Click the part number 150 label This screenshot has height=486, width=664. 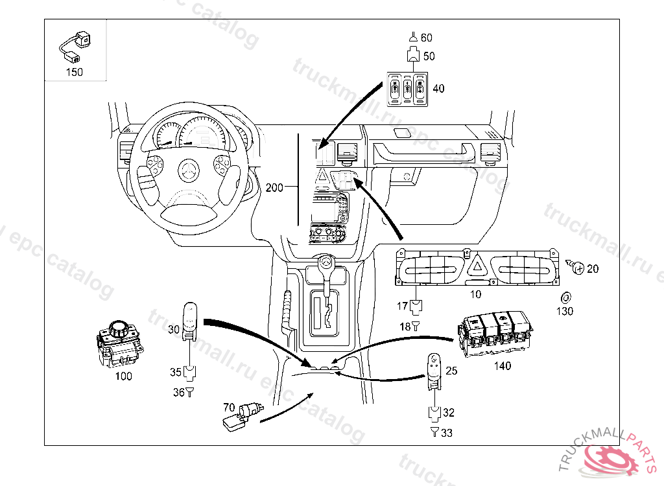pos(75,72)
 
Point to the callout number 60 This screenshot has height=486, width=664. pos(426,38)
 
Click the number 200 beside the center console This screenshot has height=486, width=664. pos(274,187)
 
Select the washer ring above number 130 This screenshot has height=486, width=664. pos(565,297)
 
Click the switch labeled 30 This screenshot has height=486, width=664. pos(189,320)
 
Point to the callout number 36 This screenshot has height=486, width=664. pos(178,392)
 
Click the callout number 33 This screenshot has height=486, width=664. pos(447,433)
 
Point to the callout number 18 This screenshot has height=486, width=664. pos(405,327)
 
